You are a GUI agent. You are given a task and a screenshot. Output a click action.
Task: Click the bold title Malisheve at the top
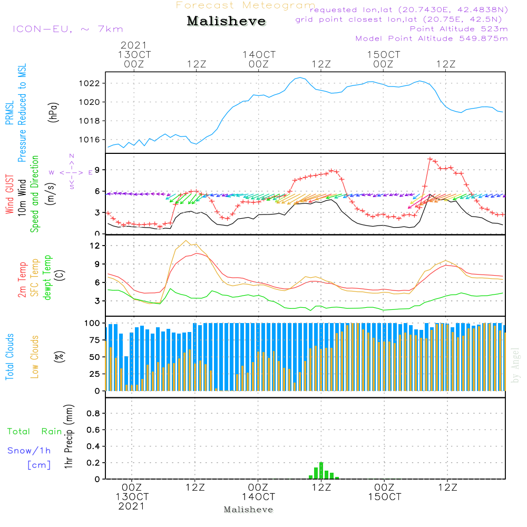coord(226,21)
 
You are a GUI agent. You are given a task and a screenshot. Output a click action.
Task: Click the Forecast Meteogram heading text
coord(246,5)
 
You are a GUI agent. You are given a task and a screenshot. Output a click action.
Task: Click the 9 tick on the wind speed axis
coord(97,170)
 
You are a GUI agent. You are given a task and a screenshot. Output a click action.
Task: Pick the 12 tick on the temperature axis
coord(95,246)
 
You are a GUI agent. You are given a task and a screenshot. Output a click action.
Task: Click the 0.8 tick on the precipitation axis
coord(93,413)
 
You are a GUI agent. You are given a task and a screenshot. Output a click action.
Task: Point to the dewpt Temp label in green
coord(48,278)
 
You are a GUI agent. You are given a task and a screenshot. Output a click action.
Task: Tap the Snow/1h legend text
coord(29,451)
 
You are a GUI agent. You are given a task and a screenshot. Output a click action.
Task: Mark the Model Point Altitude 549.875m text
coord(432,38)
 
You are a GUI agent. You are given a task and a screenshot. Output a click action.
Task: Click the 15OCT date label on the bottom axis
coord(384,497)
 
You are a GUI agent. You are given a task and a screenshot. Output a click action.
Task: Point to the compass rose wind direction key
coord(72,172)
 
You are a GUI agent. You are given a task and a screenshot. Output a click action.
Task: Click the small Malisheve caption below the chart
coord(249,510)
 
